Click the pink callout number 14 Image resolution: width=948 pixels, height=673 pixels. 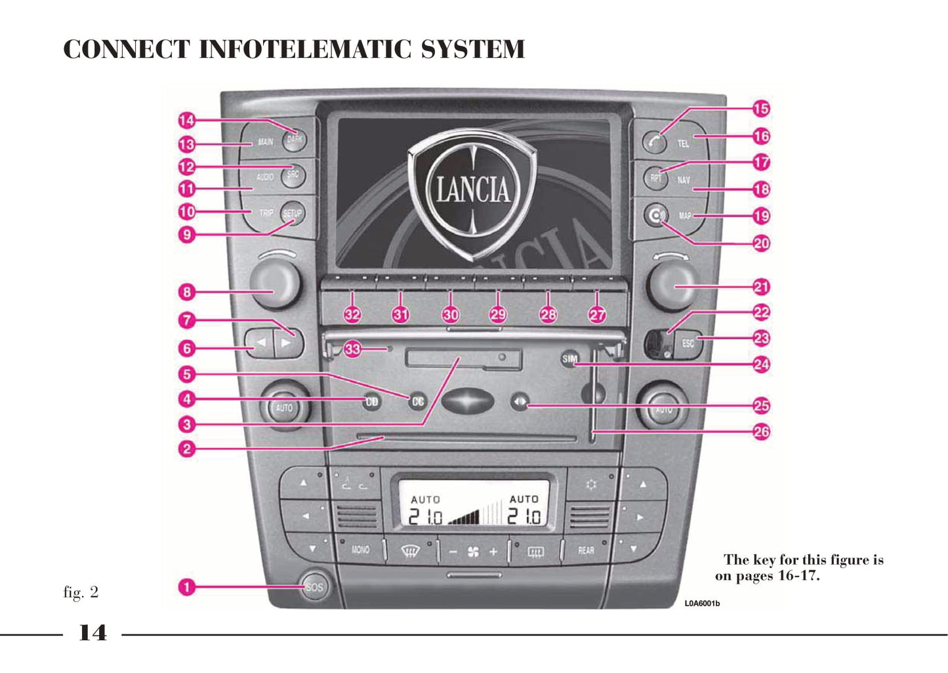tap(187, 120)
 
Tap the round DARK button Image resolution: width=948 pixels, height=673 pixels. tap(295, 139)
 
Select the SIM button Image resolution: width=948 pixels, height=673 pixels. tap(569, 359)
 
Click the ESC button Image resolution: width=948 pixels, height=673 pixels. tap(688, 343)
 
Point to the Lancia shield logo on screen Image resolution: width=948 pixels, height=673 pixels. tap(472, 190)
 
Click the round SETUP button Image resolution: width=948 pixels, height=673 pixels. tap(292, 213)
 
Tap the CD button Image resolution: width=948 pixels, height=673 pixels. tap(371, 401)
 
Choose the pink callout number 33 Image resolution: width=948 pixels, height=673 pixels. tap(352, 349)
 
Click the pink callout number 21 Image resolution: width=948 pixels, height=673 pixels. tap(761, 287)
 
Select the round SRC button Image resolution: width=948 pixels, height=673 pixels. tap(293, 174)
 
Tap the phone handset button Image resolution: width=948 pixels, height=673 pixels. tap(653, 140)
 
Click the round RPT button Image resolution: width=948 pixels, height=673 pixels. tap(655, 178)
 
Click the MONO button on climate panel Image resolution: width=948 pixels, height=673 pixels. tap(360, 550)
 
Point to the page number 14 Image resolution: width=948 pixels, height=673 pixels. tap(93, 633)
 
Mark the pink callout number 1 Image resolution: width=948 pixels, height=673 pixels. tap(187, 586)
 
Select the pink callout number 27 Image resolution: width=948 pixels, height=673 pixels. tap(597, 315)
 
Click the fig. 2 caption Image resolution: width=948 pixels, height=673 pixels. tap(81, 592)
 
